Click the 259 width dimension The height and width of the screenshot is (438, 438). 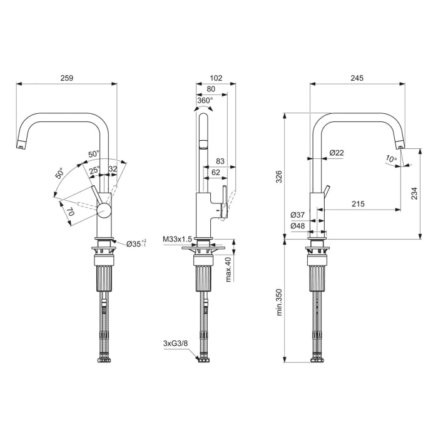[x=66, y=78]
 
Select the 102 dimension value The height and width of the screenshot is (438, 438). [x=216, y=78]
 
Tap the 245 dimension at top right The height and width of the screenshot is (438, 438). [x=357, y=78]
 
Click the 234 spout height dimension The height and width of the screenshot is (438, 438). [x=415, y=195]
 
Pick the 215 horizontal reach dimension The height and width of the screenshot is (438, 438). [x=359, y=204]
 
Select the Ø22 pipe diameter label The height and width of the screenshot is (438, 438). [x=337, y=153]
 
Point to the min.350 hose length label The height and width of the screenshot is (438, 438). [x=279, y=302]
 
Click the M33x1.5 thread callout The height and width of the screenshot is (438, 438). [x=177, y=239]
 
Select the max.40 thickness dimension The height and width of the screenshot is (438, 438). [x=228, y=269]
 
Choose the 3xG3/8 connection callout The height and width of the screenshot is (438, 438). [x=175, y=344]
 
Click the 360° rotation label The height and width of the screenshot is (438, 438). [x=205, y=99]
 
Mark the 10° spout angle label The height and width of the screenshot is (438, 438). [x=391, y=159]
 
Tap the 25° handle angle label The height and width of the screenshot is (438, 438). [x=94, y=170]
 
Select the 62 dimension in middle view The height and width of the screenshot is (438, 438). [x=215, y=171]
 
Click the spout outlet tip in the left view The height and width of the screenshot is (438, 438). [x=21, y=146]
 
